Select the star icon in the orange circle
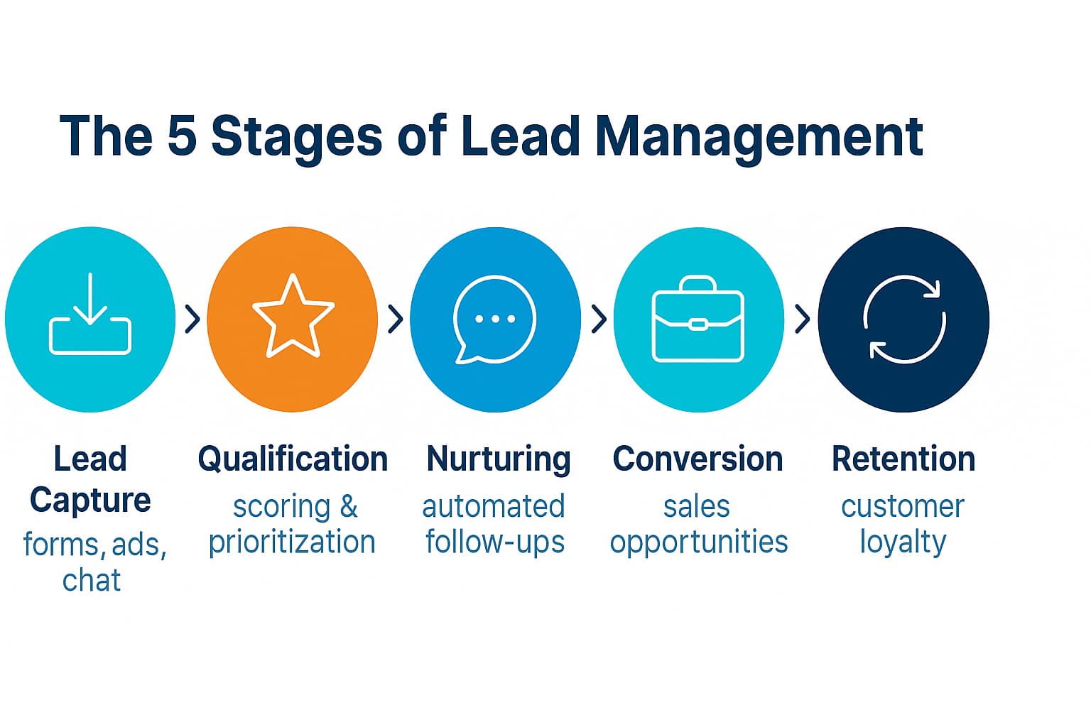click(x=293, y=317)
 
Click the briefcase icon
click(x=698, y=319)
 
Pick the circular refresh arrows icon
click(x=903, y=319)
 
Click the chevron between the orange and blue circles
click(x=396, y=319)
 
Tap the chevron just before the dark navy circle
click(x=802, y=319)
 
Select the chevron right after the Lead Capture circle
click(x=192, y=319)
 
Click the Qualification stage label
click(x=293, y=459)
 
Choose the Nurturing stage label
click(x=499, y=459)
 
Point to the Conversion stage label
click(x=698, y=459)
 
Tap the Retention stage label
click(x=903, y=459)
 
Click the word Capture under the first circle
click(x=90, y=501)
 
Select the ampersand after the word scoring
click(x=348, y=507)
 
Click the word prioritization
click(x=292, y=542)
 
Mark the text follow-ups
click(x=495, y=542)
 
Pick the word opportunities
click(x=699, y=542)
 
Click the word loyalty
click(x=903, y=542)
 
